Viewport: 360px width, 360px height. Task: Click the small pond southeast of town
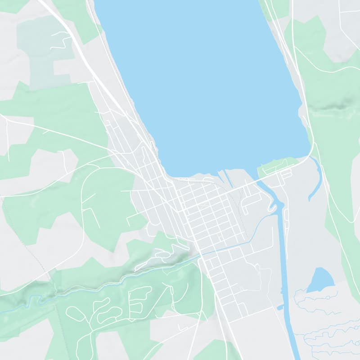tap(321, 280)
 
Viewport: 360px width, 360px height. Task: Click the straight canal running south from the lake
tap(283, 252)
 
